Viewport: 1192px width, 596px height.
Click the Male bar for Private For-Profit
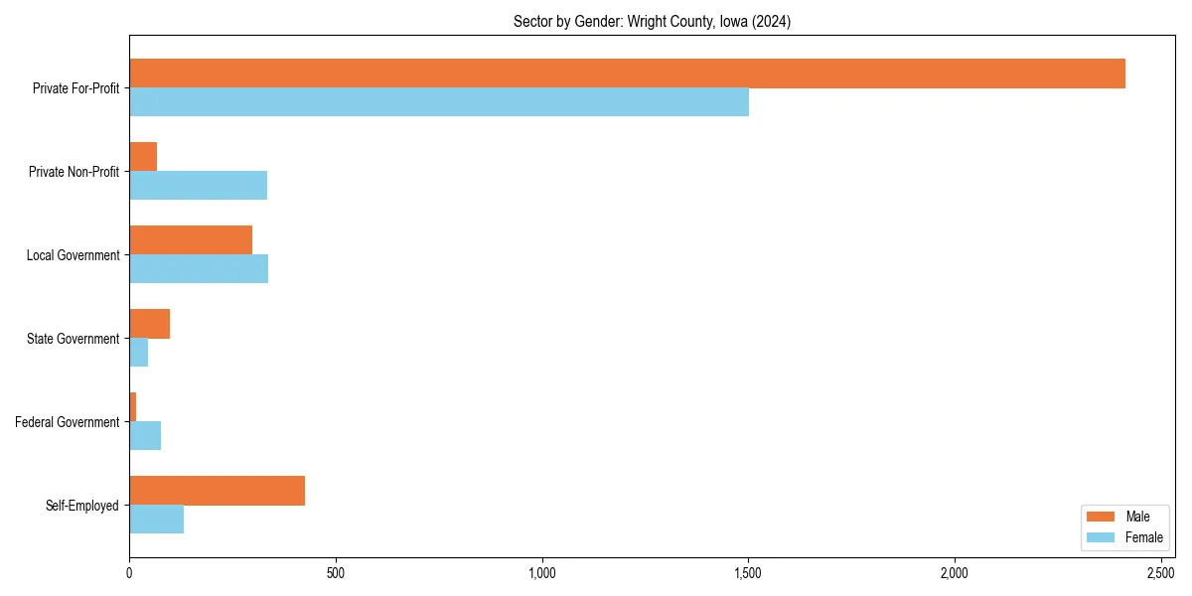coord(627,74)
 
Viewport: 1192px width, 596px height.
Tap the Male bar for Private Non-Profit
coord(143,157)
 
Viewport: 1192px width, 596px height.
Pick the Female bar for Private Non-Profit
coord(198,186)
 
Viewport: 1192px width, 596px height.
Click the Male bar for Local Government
coord(191,240)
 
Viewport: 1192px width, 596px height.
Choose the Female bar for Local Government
coord(199,269)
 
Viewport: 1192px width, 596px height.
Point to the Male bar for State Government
coord(149,324)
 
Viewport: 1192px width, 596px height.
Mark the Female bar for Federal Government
coord(145,436)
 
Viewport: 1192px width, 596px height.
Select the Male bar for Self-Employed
coord(217,491)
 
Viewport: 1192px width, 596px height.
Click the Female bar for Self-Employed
coord(156,520)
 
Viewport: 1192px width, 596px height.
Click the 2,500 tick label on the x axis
coord(1161,573)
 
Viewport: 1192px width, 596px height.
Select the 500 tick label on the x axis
coord(336,573)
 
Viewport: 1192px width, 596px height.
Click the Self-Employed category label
coord(82,506)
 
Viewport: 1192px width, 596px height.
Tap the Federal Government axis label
coord(68,422)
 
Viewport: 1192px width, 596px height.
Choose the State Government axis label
coord(73,339)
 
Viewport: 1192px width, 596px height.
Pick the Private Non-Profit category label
coord(74,172)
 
